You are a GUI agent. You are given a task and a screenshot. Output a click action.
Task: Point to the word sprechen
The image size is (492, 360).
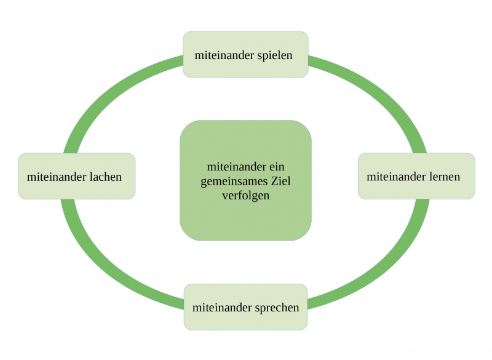pyautogui.click(x=277, y=307)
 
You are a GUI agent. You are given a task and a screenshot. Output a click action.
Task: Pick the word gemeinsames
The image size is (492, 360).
pyautogui.click(x=234, y=182)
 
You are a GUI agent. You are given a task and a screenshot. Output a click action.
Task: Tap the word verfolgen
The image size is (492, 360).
pyautogui.click(x=246, y=196)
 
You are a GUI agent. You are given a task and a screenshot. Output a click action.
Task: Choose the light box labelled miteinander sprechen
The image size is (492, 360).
pyautogui.click(x=246, y=320)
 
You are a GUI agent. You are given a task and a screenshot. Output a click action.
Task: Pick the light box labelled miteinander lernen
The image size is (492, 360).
pyautogui.click(x=416, y=191)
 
